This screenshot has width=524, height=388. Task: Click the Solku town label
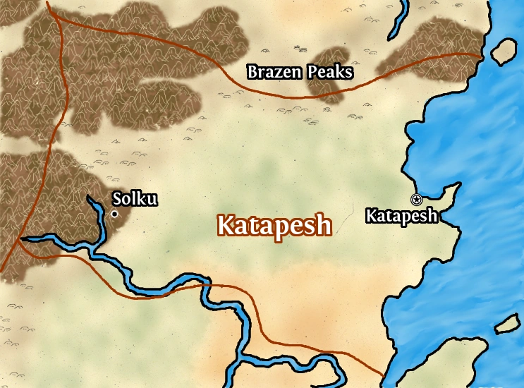coord(135,199)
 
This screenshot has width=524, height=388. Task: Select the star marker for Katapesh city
coord(416,200)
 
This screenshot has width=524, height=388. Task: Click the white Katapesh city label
coord(401,216)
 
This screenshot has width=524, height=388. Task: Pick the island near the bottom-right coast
coord(508,325)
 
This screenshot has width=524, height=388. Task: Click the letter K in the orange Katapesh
coord(226,225)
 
